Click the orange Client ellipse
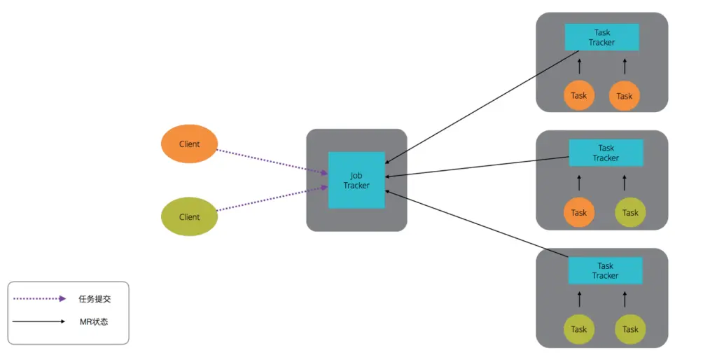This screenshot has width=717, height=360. [x=189, y=144]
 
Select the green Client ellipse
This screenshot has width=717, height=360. [x=189, y=217]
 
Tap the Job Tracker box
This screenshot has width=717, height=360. [x=356, y=180]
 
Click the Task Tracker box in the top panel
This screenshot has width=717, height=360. [x=601, y=37]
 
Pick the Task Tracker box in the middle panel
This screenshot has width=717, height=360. [x=605, y=153]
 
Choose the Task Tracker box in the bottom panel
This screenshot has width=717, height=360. [x=605, y=270]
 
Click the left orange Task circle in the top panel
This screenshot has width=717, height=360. [x=579, y=96]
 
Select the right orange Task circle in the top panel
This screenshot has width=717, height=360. [x=625, y=96]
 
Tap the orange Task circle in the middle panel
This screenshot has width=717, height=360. [x=579, y=212]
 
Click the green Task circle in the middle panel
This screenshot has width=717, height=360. [x=630, y=212]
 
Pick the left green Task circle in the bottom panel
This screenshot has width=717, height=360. [x=579, y=329]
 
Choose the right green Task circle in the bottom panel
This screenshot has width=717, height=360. [x=630, y=329]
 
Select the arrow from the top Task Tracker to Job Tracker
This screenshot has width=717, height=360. [x=483, y=105]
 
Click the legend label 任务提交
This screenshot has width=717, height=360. [x=95, y=299]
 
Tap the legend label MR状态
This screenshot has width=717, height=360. [x=94, y=322]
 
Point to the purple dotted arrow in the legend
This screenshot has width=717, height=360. [x=39, y=299]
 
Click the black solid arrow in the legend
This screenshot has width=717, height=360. [x=39, y=322]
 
